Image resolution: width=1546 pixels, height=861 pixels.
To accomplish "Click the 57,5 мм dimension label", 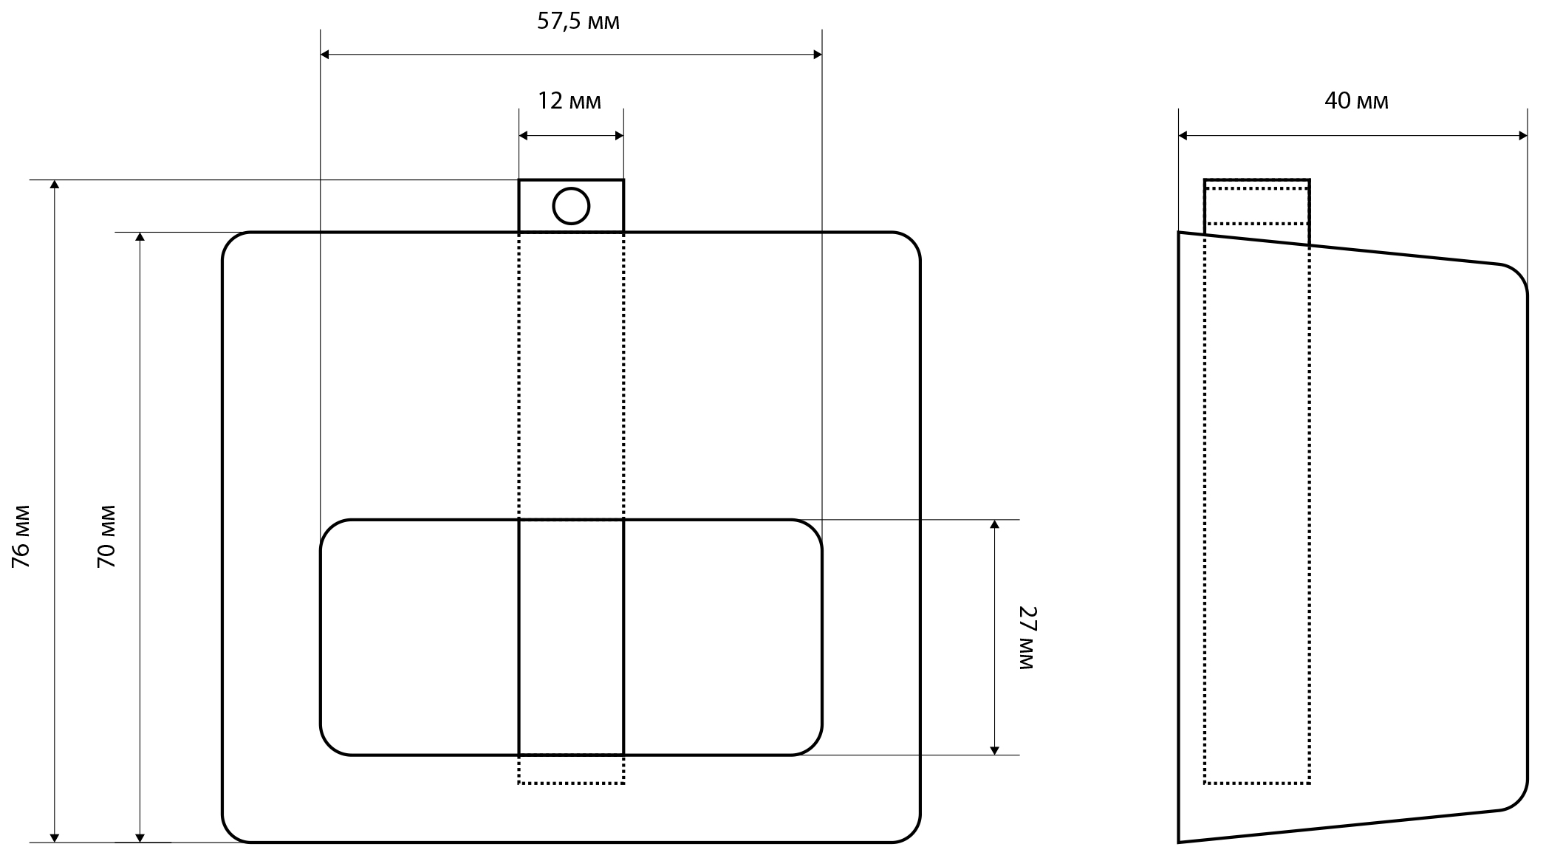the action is click(x=578, y=22).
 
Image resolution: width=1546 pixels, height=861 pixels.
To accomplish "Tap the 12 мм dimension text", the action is click(x=569, y=100).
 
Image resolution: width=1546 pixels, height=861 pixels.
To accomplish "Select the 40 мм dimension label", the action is click(x=1356, y=100).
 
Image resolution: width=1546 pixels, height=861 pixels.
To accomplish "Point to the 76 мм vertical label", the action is click(x=21, y=536).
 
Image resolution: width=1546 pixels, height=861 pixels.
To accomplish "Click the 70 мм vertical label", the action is click(x=107, y=536).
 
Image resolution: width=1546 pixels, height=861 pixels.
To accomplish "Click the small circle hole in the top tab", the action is click(x=571, y=206).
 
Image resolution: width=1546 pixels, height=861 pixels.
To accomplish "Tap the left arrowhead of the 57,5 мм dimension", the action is click(x=325, y=55).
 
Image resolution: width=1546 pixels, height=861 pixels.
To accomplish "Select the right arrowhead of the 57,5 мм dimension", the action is click(x=818, y=55).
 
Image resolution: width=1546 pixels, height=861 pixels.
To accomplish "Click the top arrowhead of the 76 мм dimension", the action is click(x=54, y=185).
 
